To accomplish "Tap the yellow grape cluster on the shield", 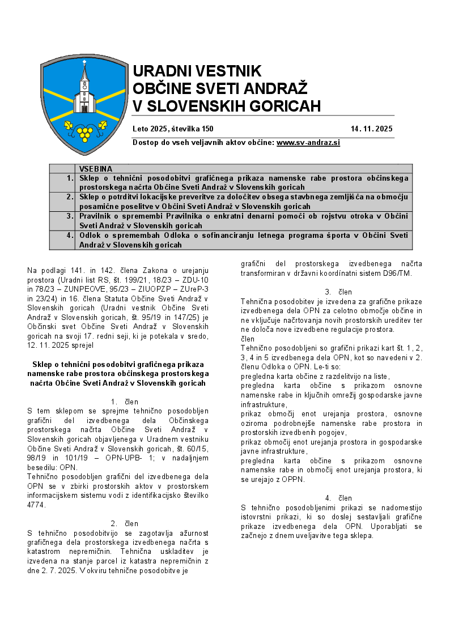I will (x=85, y=132).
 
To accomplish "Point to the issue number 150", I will (x=207, y=129).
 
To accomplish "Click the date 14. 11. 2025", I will (x=371, y=129).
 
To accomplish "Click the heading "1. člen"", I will (x=124, y=402).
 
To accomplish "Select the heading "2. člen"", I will (x=124, y=523).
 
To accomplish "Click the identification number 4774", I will (x=36, y=505).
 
